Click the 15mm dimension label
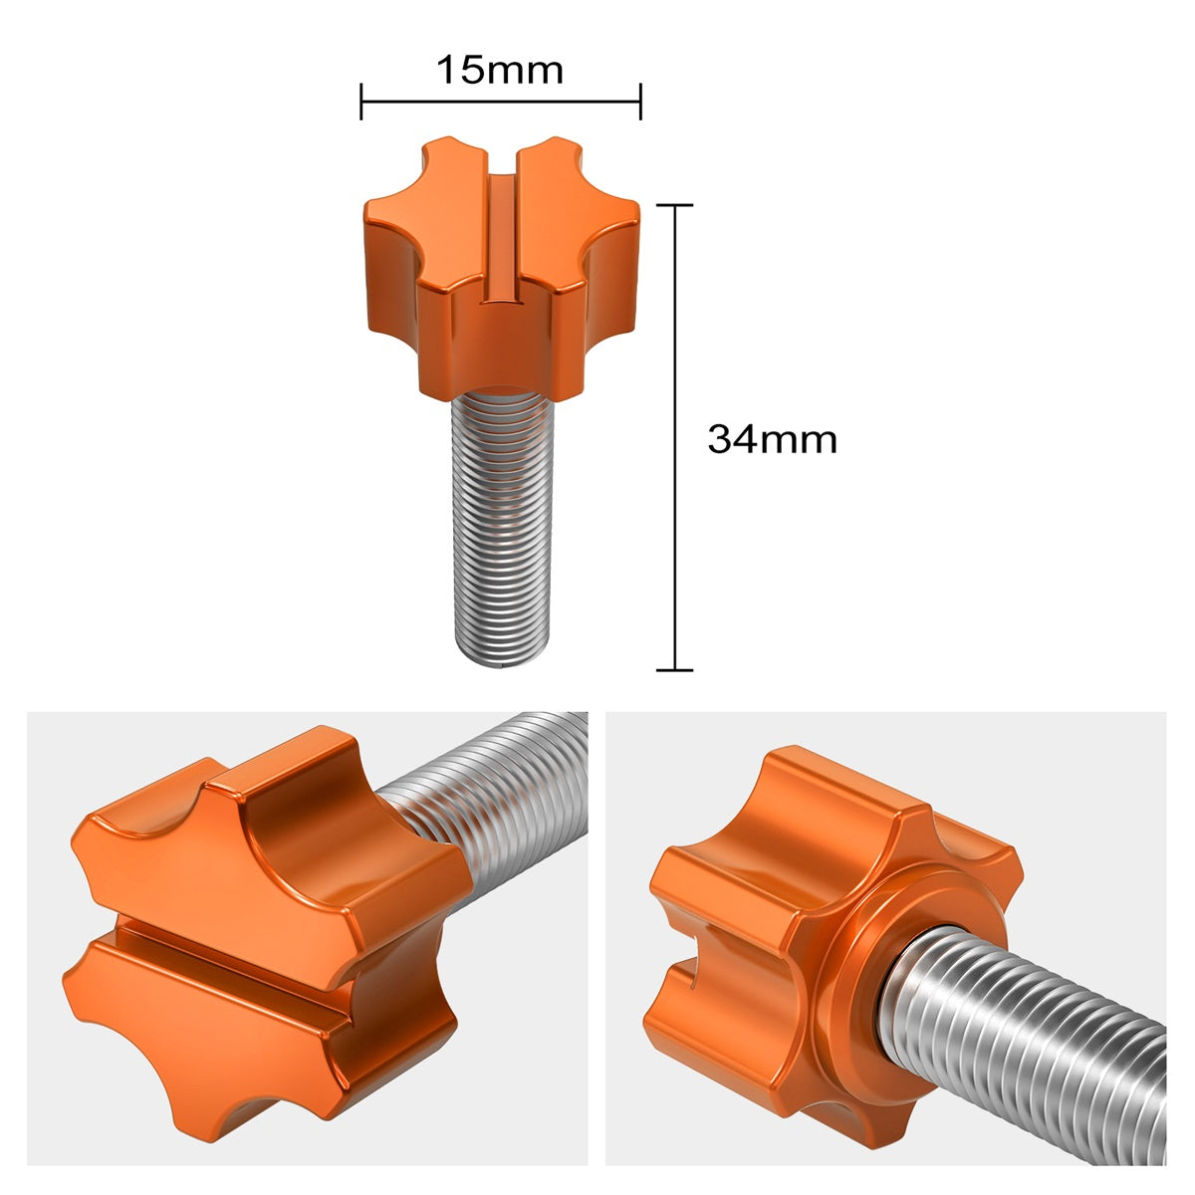[500, 71]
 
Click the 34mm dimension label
[772, 439]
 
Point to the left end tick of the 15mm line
[361, 102]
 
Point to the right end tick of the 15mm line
[640, 102]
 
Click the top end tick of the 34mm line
[676, 205]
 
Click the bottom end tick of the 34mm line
[676, 670]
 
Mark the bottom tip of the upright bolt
[499, 659]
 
